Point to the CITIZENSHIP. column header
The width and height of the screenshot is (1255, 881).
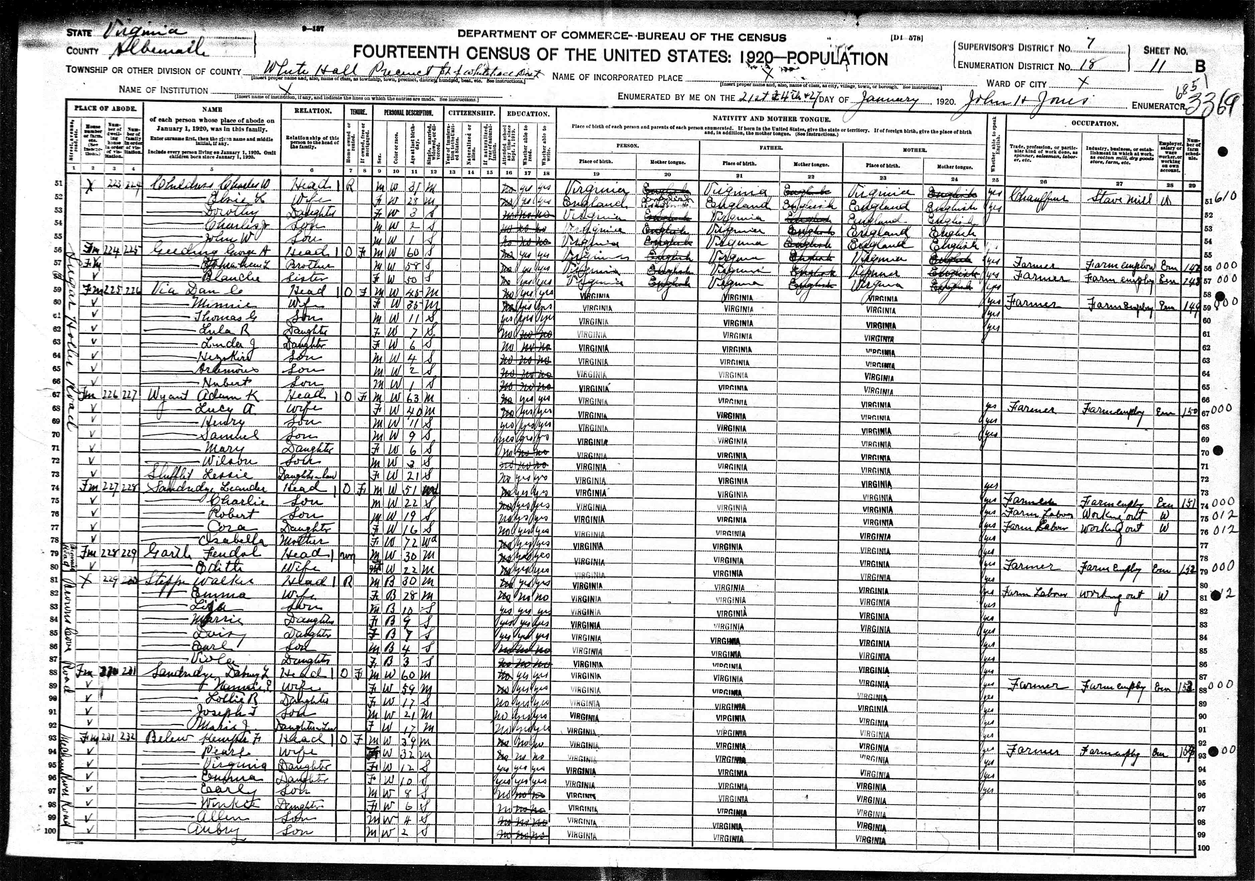(472, 113)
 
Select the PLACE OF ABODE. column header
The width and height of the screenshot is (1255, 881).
(105, 109)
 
